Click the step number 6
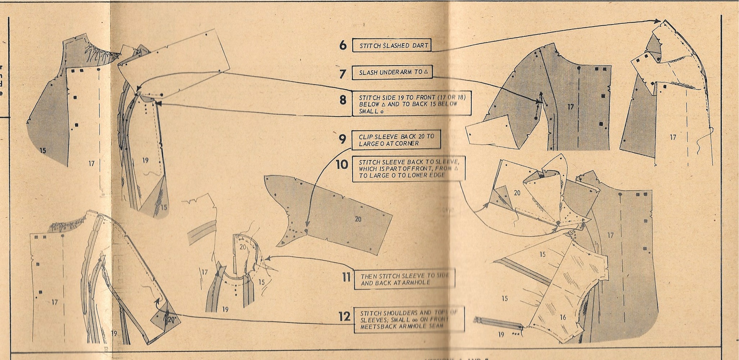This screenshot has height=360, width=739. [343, 45]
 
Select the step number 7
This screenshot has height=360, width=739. [343, 73]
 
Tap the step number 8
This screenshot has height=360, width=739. [343, 100]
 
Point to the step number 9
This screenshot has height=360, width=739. [343, 139]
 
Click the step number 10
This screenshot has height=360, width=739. [342, 165]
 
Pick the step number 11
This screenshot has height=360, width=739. [346, 278]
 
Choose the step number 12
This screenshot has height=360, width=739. [344, 317]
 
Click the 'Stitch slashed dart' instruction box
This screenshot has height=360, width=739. [392, 45]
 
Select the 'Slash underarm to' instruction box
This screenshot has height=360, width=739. [392, 72]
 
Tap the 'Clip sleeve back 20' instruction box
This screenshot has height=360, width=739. [396, 140]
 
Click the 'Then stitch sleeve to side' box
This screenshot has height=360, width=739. [403, 279]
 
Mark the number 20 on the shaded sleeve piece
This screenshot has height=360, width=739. [358, 219]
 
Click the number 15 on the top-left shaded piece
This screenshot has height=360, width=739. [43, 150]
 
